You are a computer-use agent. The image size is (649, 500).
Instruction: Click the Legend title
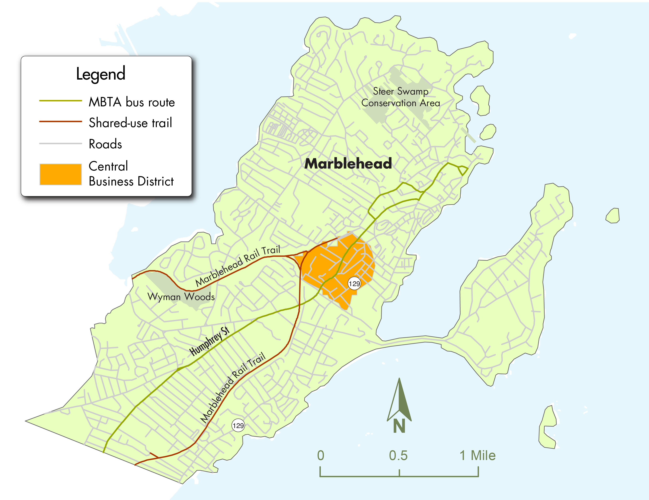[100, 74]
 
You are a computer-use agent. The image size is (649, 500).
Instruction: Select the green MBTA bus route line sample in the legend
[60, 101]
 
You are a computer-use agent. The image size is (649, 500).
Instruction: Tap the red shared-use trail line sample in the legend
[60, 121]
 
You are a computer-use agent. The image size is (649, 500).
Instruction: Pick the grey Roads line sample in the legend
[60, 143]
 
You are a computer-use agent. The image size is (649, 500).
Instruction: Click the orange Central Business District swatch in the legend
[60, 174]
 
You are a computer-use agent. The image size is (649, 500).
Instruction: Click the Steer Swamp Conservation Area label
[400, 97]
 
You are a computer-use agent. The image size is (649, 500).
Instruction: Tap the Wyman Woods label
[181, 296]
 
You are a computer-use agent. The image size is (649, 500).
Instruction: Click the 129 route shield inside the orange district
[354, 283]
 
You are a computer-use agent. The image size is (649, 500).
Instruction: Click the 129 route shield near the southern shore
[238, 425]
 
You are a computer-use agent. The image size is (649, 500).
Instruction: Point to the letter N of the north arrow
[399, 426]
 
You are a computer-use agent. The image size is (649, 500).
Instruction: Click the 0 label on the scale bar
[321, 455]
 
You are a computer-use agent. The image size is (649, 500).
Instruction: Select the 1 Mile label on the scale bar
[478, 455]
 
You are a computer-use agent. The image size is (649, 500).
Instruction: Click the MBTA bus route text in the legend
[132, 102]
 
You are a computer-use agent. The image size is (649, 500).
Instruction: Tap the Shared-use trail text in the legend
[130, 123]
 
